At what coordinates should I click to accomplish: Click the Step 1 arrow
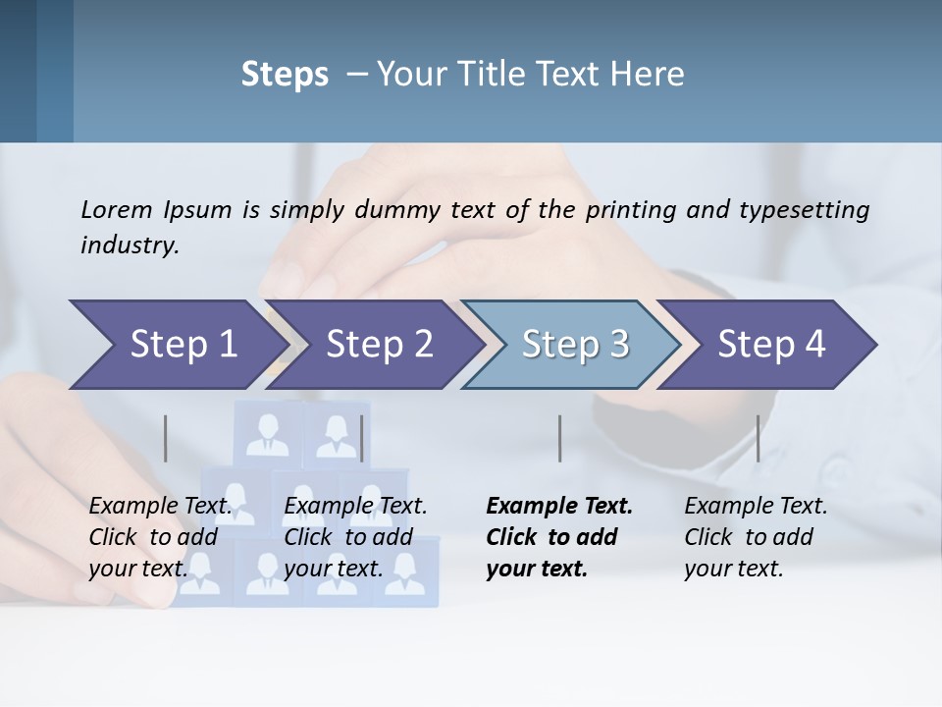(x=177, y=345)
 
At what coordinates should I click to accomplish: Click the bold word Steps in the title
(x=285, y=75)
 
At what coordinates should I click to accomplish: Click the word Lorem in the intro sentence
(x=116, y=209)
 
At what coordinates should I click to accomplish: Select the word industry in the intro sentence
(x=129, y=245)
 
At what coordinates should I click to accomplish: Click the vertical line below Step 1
(x=166, y=438)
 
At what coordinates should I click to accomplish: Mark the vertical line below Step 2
(x=362, y=438)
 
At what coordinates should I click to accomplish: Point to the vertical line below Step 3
(x=559, y=438)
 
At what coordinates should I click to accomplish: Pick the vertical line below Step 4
(x=758, y=438)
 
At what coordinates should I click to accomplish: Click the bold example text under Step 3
(x=558, y=537)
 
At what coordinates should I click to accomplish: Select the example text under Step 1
(x=160, y=537)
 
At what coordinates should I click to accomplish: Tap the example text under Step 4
(x=756, y=537)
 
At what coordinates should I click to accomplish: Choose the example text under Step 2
(x=355, y=537)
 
